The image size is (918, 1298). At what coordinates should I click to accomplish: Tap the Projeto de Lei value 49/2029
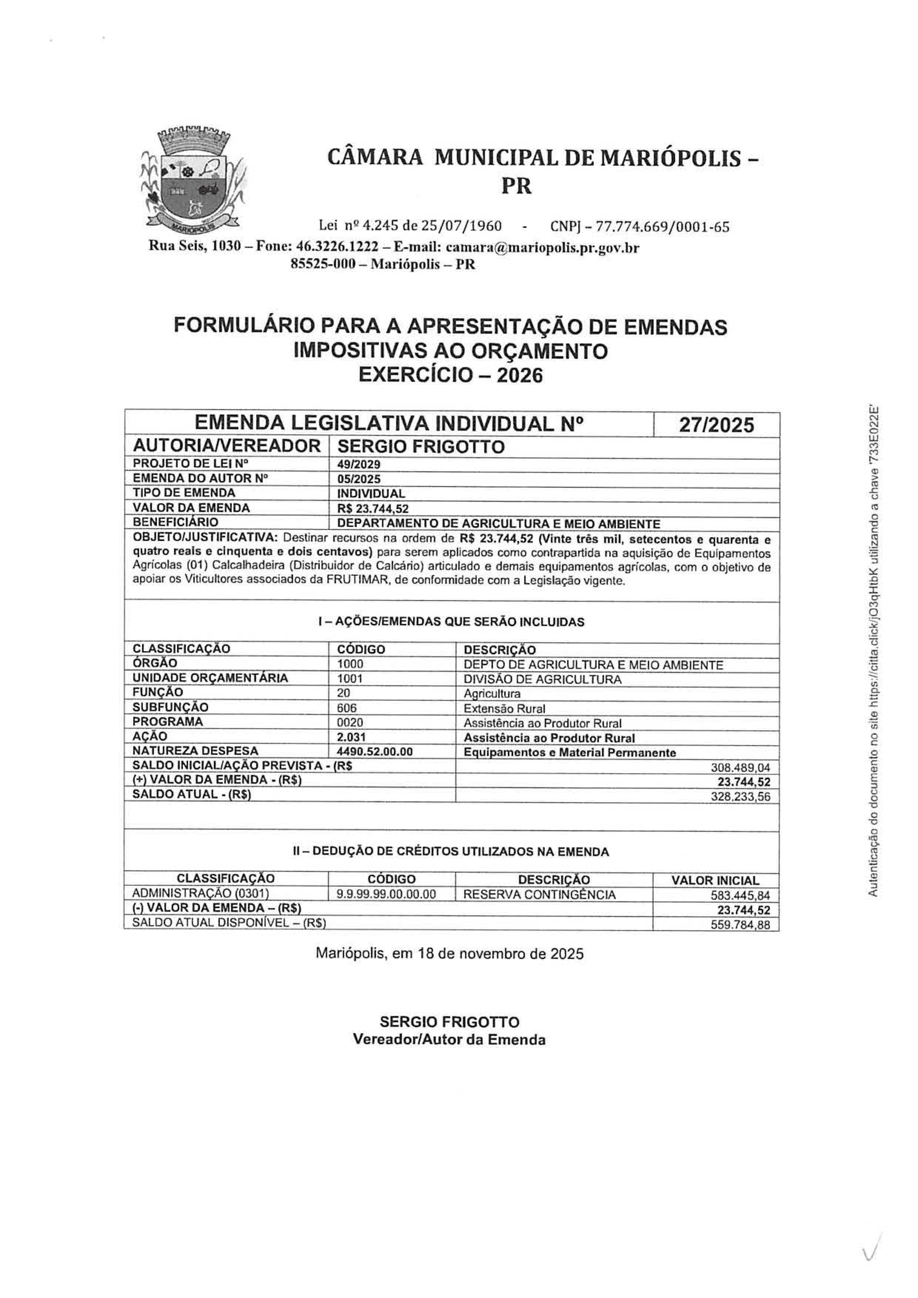point(359,465)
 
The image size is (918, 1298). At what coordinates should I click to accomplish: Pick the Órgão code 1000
point(350,664)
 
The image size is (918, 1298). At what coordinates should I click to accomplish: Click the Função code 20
point(344,693)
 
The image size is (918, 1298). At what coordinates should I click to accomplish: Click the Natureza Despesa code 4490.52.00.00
point(375,752)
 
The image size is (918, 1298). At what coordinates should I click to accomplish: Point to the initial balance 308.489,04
point(740,768)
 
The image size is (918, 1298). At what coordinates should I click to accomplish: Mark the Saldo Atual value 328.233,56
point(740,797)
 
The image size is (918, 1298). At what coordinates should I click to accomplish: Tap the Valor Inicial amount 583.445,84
point(740,895)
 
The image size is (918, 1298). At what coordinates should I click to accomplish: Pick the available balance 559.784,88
point(740,925)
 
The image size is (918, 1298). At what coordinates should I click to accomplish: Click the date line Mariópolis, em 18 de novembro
point(450,954)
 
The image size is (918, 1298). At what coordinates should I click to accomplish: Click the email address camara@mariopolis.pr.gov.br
point(542,248)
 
